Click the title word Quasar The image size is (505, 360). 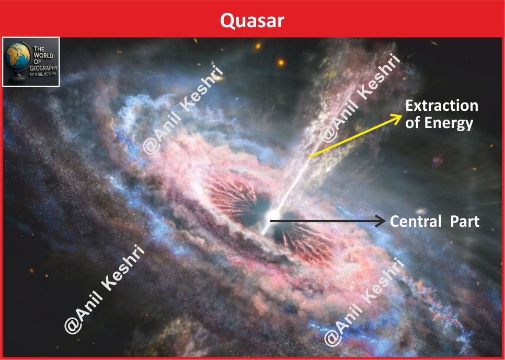(252, 21)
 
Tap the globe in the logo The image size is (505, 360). (18, 56)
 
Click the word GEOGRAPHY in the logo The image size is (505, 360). (45, 68)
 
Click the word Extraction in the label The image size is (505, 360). (442, 106)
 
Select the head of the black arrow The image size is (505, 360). (382, 221)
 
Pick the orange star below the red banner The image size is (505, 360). (281, 62)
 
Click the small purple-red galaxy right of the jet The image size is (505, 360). (438, 160)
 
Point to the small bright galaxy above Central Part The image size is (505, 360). (421, 212)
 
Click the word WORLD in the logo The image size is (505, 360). (43, 55)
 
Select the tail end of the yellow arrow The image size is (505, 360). (309, 157)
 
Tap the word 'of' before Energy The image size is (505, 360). (413, 123)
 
